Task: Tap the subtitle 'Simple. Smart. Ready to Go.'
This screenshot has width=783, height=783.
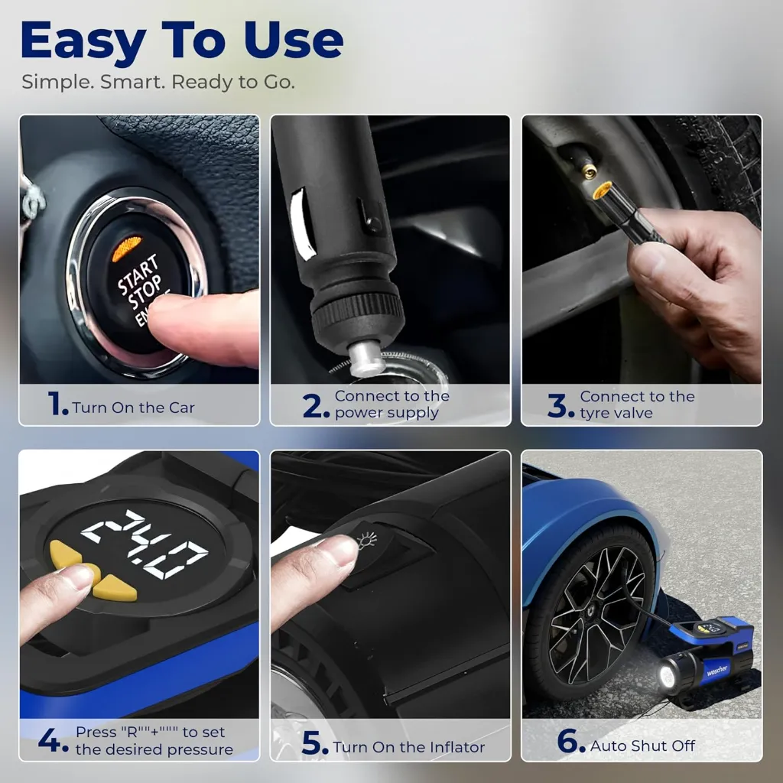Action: pos(158,82)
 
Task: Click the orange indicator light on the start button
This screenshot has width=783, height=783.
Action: pos(127,249)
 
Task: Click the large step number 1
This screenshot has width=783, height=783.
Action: pos(56,403)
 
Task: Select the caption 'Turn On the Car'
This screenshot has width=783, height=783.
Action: pos(133,408)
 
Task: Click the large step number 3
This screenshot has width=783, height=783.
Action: pos(557,405)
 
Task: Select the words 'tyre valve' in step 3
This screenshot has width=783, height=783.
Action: pos(616,414)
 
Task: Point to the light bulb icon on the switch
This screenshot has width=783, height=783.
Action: pos(367,541)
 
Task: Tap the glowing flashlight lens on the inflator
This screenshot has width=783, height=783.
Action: pos(667,677)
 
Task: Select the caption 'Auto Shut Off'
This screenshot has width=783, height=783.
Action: pos(642,746)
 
